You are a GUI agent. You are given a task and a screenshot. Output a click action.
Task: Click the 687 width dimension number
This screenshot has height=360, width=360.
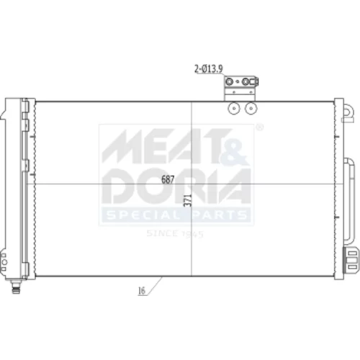pos(168,179)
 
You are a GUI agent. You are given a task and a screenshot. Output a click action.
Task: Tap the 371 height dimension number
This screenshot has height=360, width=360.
pos(189,200)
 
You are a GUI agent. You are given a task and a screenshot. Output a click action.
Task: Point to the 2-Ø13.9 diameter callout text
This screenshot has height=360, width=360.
pos(209,69)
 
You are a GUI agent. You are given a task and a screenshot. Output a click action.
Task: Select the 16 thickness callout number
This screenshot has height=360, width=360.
pos(142,291)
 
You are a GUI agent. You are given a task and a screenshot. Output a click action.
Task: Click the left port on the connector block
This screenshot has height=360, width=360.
pos(230,82)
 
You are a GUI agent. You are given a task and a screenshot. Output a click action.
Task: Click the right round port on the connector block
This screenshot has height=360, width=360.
pos(246,82)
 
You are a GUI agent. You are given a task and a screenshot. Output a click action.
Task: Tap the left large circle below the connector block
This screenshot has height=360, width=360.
pos(234,109)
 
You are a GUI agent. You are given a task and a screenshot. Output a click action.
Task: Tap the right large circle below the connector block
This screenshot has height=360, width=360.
pos(251,109)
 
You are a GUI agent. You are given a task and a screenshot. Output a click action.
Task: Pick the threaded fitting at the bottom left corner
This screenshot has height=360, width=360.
pos(16,287)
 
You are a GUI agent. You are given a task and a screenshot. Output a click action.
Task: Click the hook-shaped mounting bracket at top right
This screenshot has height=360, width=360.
pos(348,113)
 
